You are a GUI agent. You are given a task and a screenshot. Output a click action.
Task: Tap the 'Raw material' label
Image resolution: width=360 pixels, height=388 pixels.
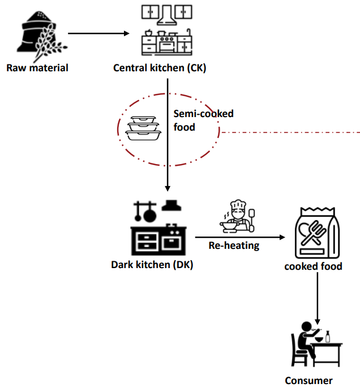click(x=37, y=68)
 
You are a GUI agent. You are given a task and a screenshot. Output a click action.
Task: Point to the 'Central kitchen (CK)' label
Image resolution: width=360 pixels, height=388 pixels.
click(x=160, y=68)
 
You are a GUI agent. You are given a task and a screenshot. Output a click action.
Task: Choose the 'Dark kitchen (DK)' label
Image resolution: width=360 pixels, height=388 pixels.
click(x=152, y=264)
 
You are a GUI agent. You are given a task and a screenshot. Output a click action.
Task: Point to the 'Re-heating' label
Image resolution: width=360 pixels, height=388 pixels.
click(x=234, y=245)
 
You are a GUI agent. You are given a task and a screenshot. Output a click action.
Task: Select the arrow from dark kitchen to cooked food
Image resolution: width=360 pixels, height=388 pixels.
click(x=238, y=237)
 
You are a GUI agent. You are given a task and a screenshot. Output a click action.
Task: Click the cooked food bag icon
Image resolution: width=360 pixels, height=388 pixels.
click(x=319, y=233)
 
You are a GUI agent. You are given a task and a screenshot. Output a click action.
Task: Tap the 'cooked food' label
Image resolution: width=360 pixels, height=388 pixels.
click(x=313, y=266)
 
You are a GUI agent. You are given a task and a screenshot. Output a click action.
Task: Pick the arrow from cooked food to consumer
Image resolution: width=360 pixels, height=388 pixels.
click(x=318, y=297)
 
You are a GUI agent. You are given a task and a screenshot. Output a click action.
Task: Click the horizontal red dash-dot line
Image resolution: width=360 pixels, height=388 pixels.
click(x=289, y=133)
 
